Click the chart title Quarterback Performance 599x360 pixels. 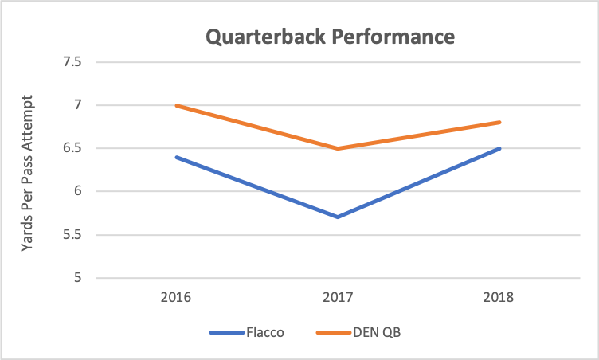(x=331, y=37)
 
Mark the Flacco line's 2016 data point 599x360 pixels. (x=176, y=157)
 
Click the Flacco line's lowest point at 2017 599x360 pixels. (x=338, y=217)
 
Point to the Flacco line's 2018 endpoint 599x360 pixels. (x=499, y=148)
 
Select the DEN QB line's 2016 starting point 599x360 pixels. (x=176, y=105)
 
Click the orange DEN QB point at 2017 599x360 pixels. (x=338, y=148)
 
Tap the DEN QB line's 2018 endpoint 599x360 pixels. (x=499, y=122)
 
